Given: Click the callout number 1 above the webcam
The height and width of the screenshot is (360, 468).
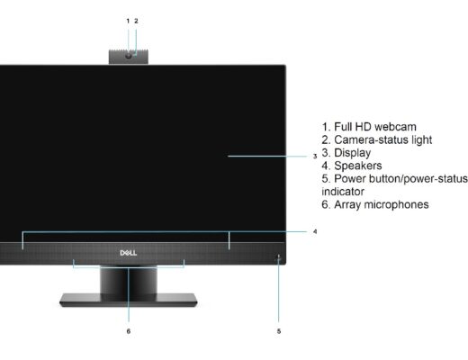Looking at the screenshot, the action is click(x=128, y=21).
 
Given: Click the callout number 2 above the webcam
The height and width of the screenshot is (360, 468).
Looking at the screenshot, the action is click(x=136, y=21).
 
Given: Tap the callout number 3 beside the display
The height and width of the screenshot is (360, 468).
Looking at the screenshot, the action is click(x=315, y=157).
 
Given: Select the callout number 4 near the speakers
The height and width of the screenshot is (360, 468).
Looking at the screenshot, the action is click(x=315, y=231).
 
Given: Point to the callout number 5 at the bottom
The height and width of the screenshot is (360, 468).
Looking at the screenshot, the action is click(x=279, y=331).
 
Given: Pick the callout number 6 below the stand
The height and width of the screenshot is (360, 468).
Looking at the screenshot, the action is click(x=129, y=331).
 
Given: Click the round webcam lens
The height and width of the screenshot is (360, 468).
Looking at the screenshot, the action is click(x=129, y=56).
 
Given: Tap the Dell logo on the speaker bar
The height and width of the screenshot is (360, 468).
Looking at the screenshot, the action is click(x=129, y=253).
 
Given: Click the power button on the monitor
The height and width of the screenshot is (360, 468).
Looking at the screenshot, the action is click(x=279, y=256).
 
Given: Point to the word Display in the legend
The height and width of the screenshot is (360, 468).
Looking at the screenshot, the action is click(x=353, y=153).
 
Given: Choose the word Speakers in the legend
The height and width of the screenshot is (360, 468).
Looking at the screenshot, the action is click(x=358, y=166).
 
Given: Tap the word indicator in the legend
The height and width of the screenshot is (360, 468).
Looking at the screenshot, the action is click(x=343, y=192).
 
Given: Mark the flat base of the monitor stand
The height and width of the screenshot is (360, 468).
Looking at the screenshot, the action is click(x=129, y=300).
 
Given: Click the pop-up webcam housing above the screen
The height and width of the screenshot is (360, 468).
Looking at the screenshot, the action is click(x=129, y=57).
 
